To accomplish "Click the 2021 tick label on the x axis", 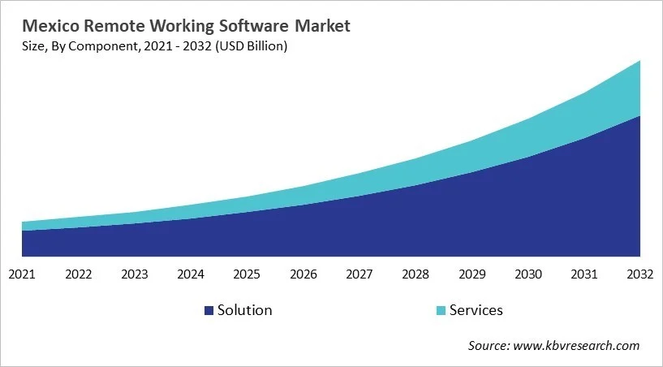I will point(22,274).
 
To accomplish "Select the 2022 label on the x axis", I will point(79,274).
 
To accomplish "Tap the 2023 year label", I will point(135,274).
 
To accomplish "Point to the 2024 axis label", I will point(191,274).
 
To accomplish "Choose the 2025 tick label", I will point(247,274).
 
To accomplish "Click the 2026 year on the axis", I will point(304,274).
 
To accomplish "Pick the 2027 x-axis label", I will point(359,274).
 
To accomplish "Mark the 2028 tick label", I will point(415,274).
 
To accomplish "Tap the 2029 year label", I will point(471,274).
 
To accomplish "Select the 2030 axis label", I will point(528,274).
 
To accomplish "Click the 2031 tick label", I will point(584,274).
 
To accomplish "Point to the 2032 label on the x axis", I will point(640,274).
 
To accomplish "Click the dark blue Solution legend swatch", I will point(209,310).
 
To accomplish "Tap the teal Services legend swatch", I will point(440,310).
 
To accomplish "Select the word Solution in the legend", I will point(244,310).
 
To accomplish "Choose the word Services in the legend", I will point(476,310).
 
